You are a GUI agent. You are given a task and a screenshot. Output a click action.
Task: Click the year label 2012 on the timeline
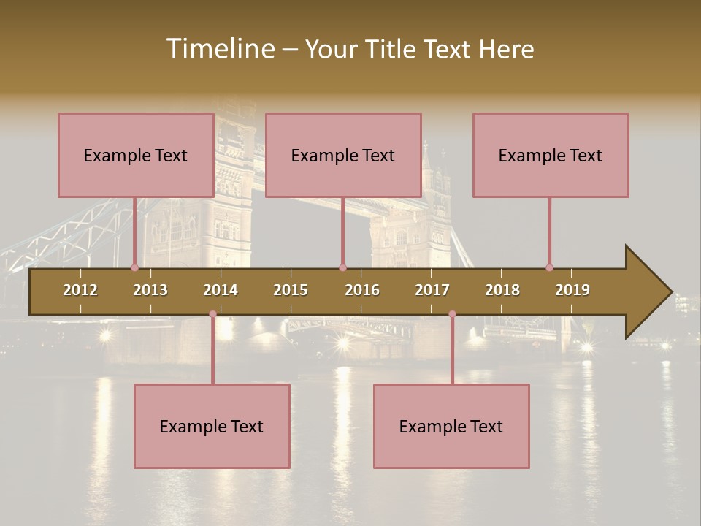tap(80, 290)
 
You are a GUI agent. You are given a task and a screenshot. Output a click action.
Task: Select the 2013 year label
tap(150, 290)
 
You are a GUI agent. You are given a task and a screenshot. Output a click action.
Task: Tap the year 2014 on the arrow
tap(221, 290)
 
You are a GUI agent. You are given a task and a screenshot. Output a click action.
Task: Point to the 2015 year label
tap(291, 290)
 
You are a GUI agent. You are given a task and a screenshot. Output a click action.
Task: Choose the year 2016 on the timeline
tap(362, 290)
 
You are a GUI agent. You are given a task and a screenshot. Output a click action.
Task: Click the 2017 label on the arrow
tap(432, 290)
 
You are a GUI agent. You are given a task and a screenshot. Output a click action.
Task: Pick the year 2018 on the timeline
tap(502, 290)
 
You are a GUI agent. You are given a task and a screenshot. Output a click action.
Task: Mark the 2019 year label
tap(572, 290)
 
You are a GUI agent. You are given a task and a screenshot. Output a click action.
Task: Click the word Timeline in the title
tap(219, 49)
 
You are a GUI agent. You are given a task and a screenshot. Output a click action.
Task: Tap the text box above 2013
tap(136, 155)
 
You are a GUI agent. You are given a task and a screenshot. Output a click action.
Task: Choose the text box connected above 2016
tap(343, 155)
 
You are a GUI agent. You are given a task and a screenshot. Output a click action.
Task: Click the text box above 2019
tap(551, 155)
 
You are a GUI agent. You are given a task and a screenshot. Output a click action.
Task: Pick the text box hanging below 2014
tap(212, 426)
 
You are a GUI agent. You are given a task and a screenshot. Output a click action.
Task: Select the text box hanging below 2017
tap(451, 426)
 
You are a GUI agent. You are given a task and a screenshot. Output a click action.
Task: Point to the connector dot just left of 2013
tap(134, 267)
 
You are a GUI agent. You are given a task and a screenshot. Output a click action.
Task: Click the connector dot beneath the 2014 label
tap(212, 314)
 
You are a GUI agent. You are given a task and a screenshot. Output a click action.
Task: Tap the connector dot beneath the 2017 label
tap(452, 314)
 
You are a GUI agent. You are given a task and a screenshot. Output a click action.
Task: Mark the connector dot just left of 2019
tap(549, 267)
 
